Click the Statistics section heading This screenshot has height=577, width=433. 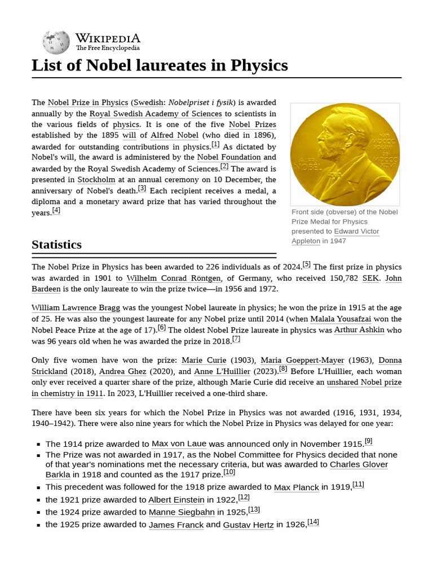[x=56, y=245]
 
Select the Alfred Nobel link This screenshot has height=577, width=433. [x=174, y=135]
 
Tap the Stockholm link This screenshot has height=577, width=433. [x=96, y=180]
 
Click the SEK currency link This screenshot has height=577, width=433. [x=370, y=278]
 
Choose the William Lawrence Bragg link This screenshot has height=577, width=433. [x=76, y=308]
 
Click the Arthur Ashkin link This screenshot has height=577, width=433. [x=359, y=330]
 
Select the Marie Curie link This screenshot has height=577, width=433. [x=204, y=360]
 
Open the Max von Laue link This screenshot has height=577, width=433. [x=179, y=444]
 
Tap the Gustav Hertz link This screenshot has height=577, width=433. [x=248, y=525]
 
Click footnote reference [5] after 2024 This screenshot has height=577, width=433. [x=306, y=264]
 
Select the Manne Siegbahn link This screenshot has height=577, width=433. [x=182, y=512]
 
